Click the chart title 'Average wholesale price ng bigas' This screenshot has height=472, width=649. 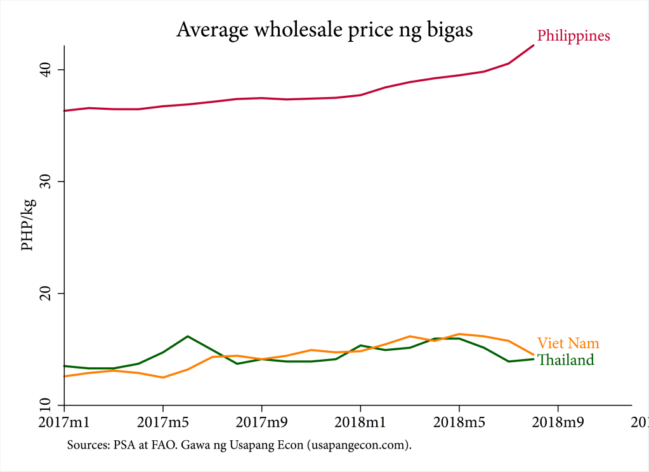pyautogui.click(x=324, y=30)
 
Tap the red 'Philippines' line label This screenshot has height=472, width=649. pyautogui.click(x=574, y=36)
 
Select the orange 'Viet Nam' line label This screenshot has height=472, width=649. pyautogui.click(x=568, y=343)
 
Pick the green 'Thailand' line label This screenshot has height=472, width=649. pyautogui.click(x=566, y=360)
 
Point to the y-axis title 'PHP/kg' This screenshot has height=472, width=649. pyautogui.click(x=28, y=225)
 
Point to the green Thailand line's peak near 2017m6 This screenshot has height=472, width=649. pyautogui.click(x=188, y=336)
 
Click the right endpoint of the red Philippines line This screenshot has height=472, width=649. pyautogui.click(x=534, y=46)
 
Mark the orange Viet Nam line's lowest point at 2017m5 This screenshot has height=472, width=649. pyautogui.click(x=163, y=377)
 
